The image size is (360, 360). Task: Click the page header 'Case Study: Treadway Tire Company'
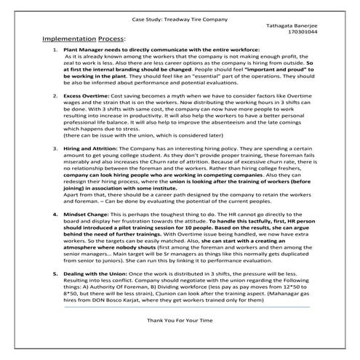(x=179, y=14)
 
